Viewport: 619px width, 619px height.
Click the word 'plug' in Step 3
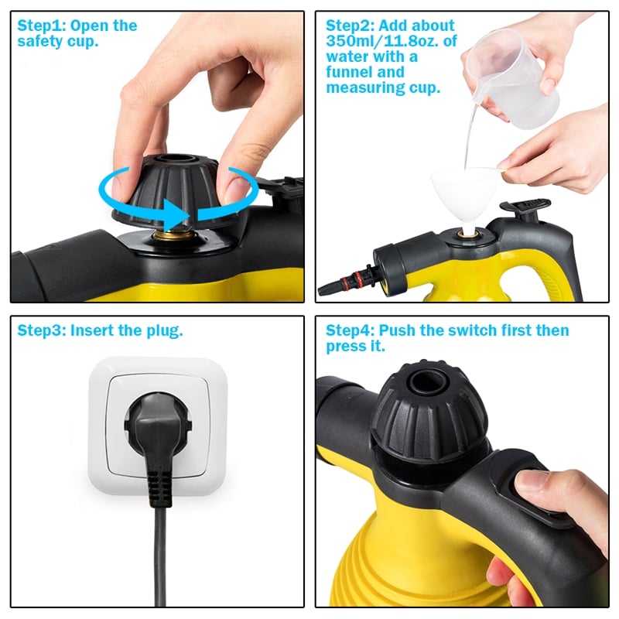[x=165, y=330]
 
